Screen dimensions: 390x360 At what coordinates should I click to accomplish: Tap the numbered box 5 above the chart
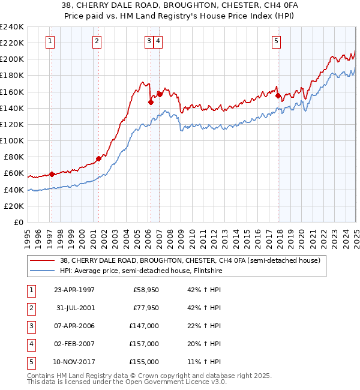(x=276, y=41)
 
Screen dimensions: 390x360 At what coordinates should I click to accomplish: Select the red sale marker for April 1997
(x=52, y=174)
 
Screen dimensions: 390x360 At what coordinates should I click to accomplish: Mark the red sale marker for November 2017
(x=278, y=95)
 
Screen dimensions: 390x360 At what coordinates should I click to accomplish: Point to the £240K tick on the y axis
(x=11, y=27)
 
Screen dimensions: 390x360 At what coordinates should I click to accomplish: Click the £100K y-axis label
(x=11, y=141)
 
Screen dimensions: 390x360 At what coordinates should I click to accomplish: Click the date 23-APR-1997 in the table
(x=74, y=290)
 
